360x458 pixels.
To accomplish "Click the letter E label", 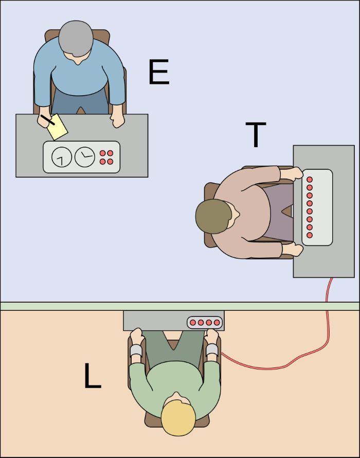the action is [159, 72].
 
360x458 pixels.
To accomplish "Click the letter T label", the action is [256, 134].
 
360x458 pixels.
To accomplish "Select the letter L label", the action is [92, 376].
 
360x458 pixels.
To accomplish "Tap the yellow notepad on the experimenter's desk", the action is [58, 127].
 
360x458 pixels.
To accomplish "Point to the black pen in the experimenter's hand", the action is [48, 120].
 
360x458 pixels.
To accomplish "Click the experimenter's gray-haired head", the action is [76, 39].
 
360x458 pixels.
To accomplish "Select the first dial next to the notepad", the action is [62, 157].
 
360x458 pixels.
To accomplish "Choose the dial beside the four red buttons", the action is [85, 157].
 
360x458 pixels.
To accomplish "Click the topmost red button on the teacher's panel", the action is [310, 180].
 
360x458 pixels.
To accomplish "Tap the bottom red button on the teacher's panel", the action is [310, 235].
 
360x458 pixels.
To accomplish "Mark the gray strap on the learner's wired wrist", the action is [212, 350].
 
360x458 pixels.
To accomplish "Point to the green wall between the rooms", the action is [180, 306].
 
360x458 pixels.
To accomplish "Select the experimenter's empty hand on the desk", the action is [118, 120].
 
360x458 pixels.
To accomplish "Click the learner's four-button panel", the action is [205, 323].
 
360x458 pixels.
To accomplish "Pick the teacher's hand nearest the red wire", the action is [293, 250].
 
